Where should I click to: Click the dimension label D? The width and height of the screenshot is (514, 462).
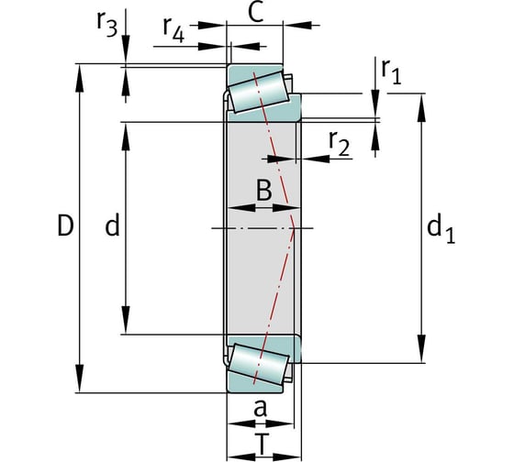(65, 225)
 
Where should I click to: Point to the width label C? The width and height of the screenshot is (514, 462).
(256, 13)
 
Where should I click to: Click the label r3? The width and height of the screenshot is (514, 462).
(106, 24)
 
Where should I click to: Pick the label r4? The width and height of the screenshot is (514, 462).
(173, 29)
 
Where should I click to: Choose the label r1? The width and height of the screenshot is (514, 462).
(391, 71)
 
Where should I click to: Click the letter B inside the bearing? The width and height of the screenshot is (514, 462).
(264, 190)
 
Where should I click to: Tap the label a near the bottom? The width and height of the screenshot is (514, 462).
(261, 409)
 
